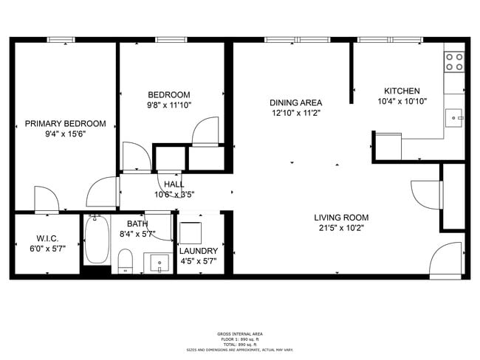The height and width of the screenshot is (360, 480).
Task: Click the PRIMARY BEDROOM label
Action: point(65,123)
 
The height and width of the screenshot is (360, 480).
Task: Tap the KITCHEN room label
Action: point(402,91)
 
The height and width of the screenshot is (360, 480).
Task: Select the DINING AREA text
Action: point(295,103)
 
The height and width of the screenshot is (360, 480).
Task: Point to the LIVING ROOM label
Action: point(341,218)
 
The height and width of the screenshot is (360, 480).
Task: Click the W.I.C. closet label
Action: point(47,238)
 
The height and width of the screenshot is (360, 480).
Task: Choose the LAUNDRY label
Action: point(199,251)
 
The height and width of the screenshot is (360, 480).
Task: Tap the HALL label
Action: point(174,184)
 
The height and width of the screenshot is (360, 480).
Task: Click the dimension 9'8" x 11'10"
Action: point(169,105)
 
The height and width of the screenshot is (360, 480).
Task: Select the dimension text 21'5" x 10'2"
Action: point(341,228)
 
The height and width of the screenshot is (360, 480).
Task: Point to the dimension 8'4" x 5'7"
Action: point(137,234)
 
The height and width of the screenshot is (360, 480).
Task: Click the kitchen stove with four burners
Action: point(454,61)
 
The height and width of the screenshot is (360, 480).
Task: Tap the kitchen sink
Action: point(455,115)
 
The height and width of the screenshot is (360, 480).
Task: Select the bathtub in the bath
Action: point(96,240)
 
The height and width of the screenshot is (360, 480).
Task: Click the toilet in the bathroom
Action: point(125,260)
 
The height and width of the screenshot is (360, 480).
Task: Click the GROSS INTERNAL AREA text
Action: point(239,333)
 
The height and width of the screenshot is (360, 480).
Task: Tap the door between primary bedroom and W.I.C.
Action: point(47,199)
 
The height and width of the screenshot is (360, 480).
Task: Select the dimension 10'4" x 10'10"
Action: point(402,101)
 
